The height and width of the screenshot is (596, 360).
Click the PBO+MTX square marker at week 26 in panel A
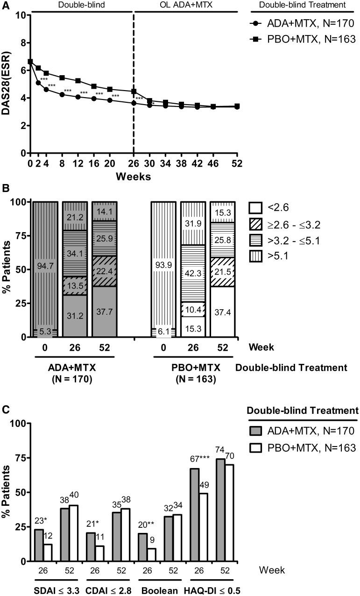point(134,92)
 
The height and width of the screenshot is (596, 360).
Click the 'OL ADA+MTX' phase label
point(186,5)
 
